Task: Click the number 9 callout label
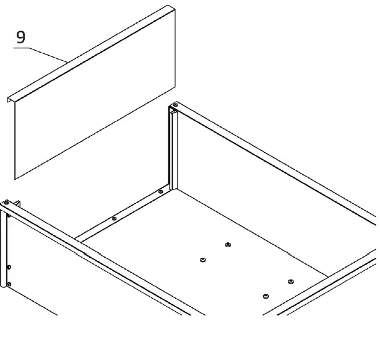pyautogui.click(x=21, y=37)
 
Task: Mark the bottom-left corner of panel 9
pyautogui.click(x=15, y=178)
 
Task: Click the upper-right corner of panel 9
pyautogui.click(x=174, y=9)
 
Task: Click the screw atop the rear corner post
pyautogui.click(x=175, y=105)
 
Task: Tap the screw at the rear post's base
pyautogui.click(x=160, y=192)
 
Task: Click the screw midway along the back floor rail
pyautogui.click(x=114, y=218)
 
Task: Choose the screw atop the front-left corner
pyautogui.click(x=6, y=203)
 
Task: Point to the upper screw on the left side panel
pyautogui.click(x=9, y=267)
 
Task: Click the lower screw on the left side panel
pyautogui.click(x=9, y=285)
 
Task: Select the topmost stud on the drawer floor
pyautogui.click(x=228, y=245)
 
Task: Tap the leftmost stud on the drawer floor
pyautogui.click(x=202, y=260)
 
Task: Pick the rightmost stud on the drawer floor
pyautogui.click(x=290, y=282)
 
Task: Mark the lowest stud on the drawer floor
pyautogui.click(x=266, y=296)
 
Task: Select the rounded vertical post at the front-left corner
pyautogui.click(x=4, y=248)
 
